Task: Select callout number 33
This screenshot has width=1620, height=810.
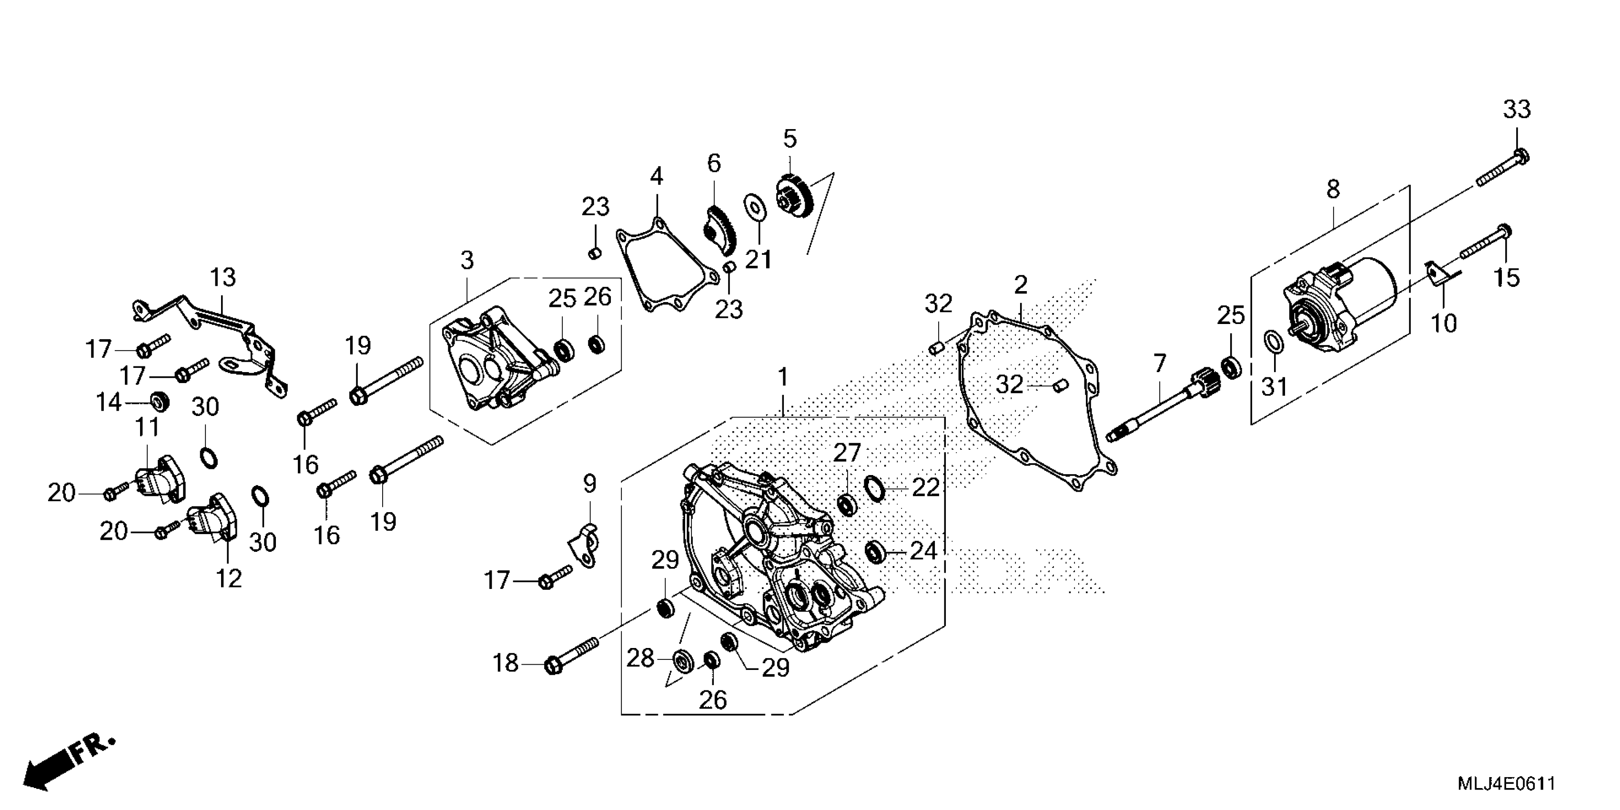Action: click(1517, 110)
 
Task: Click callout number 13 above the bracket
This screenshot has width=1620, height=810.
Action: click(223, 277)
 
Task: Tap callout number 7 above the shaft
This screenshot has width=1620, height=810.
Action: click(1160, 363)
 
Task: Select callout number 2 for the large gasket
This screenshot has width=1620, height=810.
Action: click(1021, 285)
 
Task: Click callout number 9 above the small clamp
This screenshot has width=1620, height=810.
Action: click(589, 484)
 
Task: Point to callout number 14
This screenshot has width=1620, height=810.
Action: click(108, 401)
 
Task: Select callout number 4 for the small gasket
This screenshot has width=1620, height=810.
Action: click(657, 177)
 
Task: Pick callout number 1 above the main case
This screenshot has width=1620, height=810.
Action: click(783, 377)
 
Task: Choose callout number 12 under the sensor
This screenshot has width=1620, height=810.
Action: click(229, 578)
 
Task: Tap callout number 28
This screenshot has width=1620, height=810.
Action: click(640, 658)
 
